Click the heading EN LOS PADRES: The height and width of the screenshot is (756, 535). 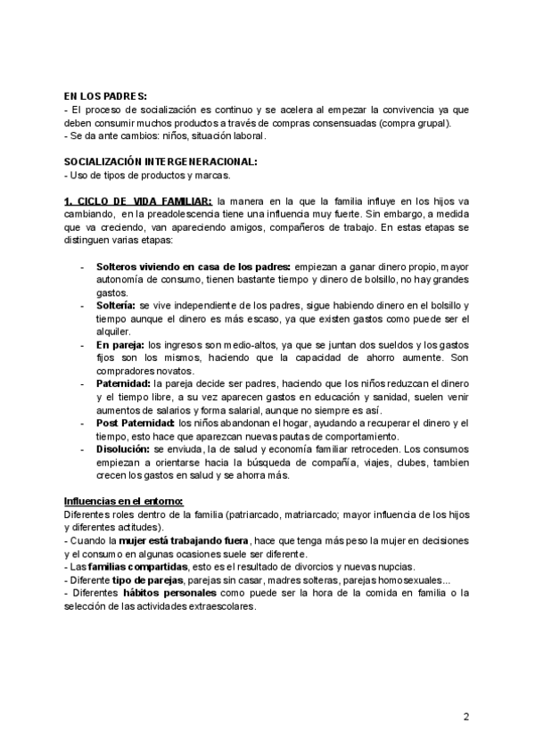(x=106, y=97)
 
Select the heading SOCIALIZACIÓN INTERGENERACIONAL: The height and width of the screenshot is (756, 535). (x=160, y=161)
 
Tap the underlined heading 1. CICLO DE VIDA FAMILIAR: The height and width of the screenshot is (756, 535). (x=138, y=201)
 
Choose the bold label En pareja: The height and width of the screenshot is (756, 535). (x=120, y=344)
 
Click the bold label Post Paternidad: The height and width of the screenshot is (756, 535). (x=136, y=423)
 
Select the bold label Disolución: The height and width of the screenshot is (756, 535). (x=124, y=449)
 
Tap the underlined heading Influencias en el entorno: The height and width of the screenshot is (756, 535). (x=123, y=501)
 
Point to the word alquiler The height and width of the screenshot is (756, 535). (x=111, y=331)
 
